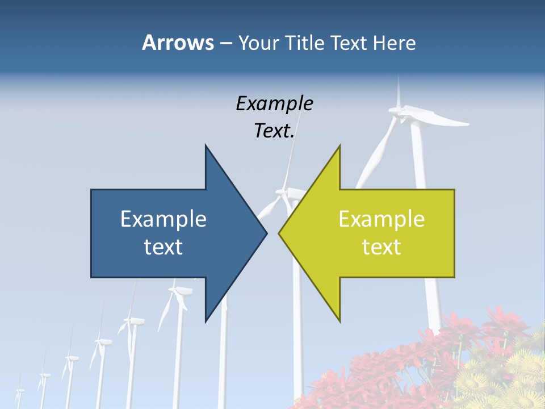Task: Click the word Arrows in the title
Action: click(x=178, y=43)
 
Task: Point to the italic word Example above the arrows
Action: click(x=274, y=104)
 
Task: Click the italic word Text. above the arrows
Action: click(x=274, y=131)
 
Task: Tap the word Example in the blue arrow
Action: click(x=163, y=219)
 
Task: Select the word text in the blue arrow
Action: click(x=163, y=247)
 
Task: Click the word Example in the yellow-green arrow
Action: click(x=381, y=219)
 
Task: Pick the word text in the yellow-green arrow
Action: click(x=381, y=247)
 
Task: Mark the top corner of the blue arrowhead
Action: click(x=206, y=146)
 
